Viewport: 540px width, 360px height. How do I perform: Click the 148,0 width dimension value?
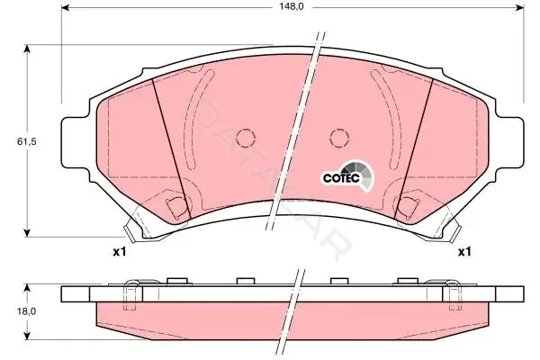[292, 6]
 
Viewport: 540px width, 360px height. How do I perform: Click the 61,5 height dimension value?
[27, 141]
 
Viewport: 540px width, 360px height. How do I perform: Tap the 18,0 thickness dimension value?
[27, 311]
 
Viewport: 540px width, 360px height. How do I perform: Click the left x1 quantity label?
[120, 252]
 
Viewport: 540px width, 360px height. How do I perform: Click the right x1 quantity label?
[463, 252]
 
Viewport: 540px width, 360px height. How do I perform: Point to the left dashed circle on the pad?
[246, 138]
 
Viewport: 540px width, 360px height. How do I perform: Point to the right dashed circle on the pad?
[339, 138]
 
